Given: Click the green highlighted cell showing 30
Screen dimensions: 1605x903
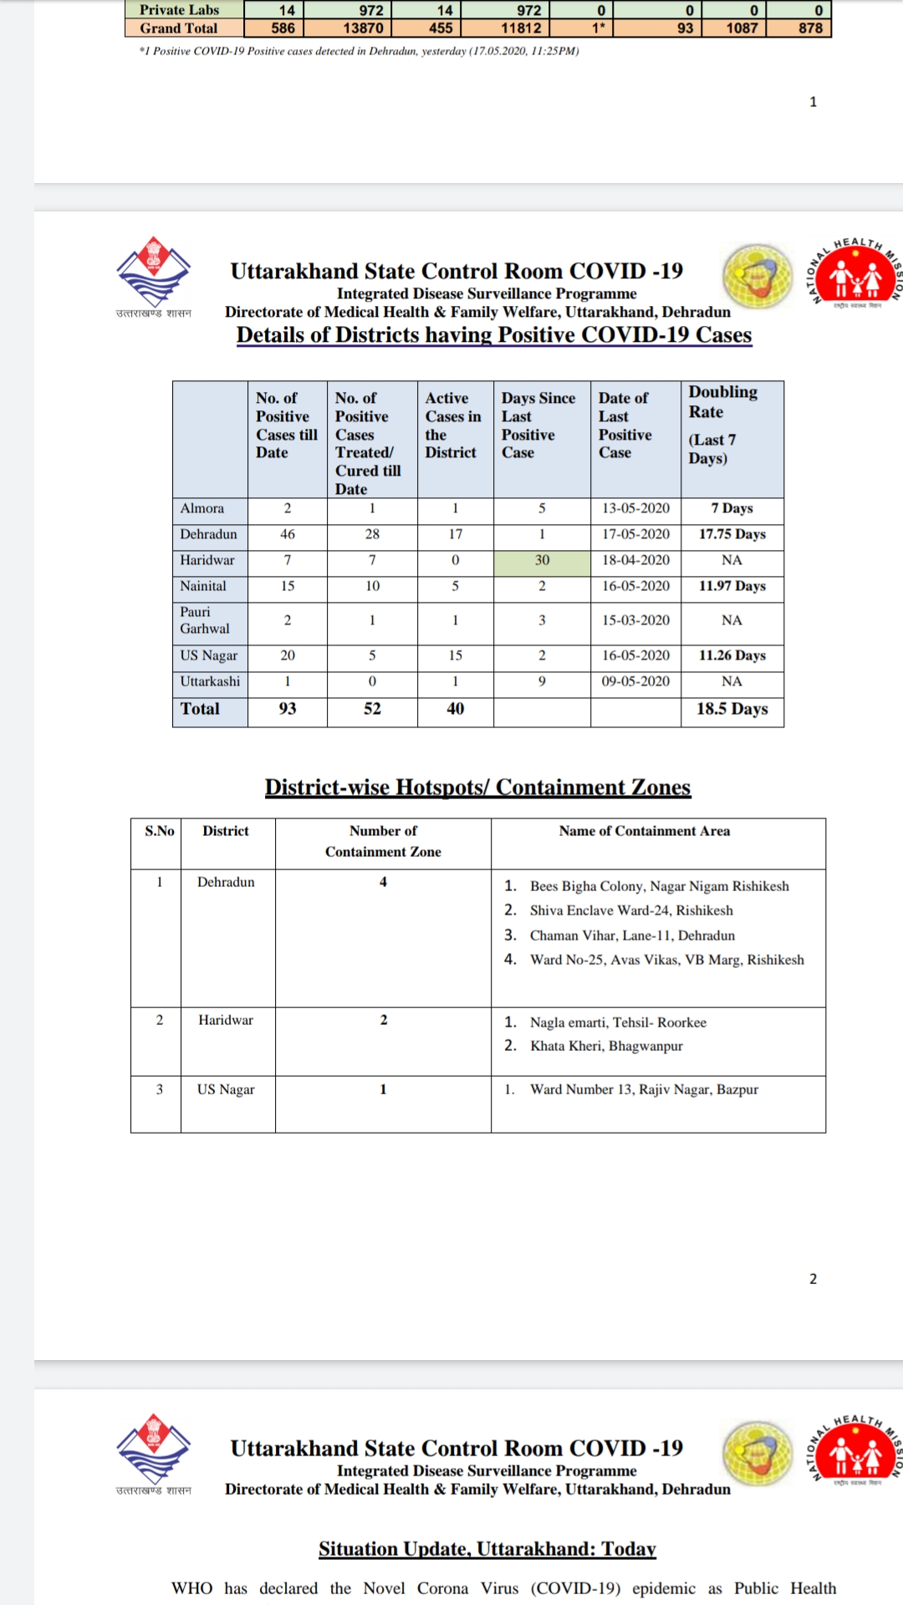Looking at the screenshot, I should pyautogui.click(x=542, y=560).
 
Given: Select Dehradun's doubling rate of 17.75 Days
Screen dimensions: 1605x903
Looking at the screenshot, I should pyautogui.click(x=732, y=534).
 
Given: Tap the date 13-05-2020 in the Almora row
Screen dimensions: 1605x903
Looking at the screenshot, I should pyautogui.click(x=635, y=508).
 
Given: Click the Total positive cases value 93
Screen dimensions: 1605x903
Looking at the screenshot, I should pyautogui.click(x=287, y=709).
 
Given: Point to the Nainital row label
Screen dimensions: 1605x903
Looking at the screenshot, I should pyautogui.click(x=203, y=586).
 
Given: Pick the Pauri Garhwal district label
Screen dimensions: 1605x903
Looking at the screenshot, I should pyautogui.click(x=204, y=620).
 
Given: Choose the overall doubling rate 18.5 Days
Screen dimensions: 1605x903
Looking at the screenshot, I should pyautogui.click(x=732, y=709).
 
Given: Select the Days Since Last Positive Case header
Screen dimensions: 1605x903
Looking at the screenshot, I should pyautogui.click(x=538, y=425).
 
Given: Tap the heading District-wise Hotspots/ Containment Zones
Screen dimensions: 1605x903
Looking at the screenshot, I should pyautogui.click(x=477, y=787).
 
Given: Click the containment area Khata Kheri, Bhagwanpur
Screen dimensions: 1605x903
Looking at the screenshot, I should pyautogui.click(x=606, y=1046).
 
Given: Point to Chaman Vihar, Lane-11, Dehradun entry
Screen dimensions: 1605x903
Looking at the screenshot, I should pyautogui.click(x=632, y=935).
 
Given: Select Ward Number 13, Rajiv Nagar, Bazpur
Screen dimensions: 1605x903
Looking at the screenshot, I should pyautogui.click(x=644, y=1089).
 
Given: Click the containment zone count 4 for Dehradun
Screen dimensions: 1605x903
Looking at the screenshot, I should pyautogui.click(x=383, y=882).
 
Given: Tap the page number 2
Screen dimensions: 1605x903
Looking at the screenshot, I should pyautogui.click(x=813, y=1279).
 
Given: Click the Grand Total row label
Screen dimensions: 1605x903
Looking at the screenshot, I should pyautogui.click(x=179, y=28).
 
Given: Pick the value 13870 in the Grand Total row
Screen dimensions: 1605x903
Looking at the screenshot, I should pyautogui.click(x=363, y=28).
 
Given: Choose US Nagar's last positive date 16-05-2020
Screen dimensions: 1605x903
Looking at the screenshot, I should pyautogui.click(x=635, y=655).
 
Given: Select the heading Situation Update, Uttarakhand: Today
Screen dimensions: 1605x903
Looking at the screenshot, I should pyautogui.click(x=487, y=1549).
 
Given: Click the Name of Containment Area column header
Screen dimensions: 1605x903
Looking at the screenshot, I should pyautogui.click(x=644, y=831).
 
